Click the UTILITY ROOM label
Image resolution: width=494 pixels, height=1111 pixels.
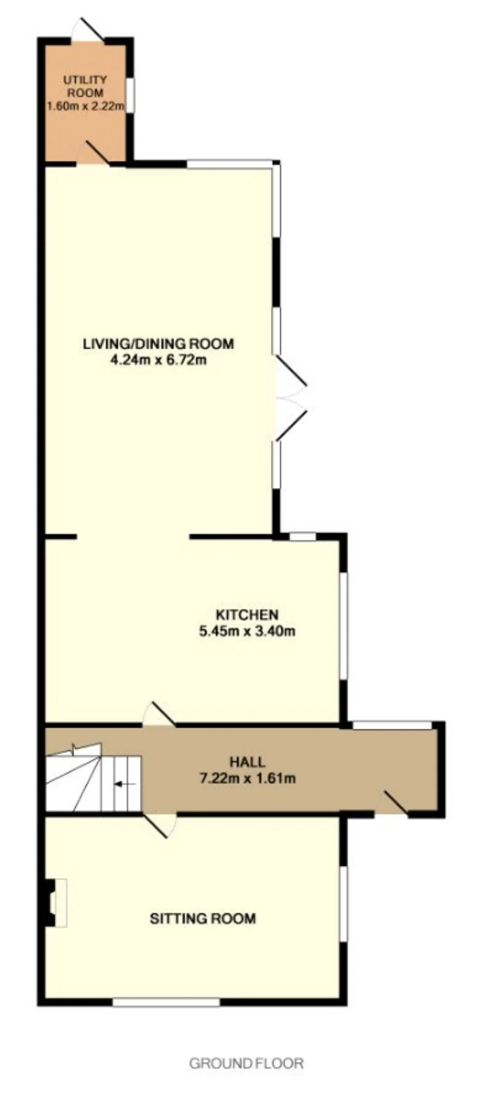85,86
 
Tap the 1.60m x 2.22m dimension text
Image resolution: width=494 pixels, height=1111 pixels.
86,106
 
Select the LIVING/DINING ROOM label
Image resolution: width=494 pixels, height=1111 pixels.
158,344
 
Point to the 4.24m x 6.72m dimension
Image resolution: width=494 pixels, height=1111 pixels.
158,360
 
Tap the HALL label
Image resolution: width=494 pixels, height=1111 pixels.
247,762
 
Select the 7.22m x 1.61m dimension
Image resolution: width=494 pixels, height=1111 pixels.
247,778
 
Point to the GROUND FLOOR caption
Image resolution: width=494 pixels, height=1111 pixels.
246,1064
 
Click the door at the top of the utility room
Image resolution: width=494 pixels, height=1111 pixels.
88,29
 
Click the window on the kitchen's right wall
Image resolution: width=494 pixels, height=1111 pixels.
343,626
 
